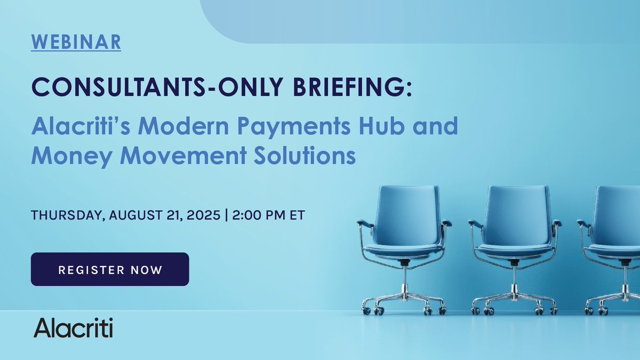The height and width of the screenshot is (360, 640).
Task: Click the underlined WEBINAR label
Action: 76,42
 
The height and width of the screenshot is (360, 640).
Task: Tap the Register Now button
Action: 110,269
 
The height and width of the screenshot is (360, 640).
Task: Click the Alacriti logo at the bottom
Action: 73,327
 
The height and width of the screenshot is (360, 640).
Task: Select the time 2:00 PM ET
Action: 267,217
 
